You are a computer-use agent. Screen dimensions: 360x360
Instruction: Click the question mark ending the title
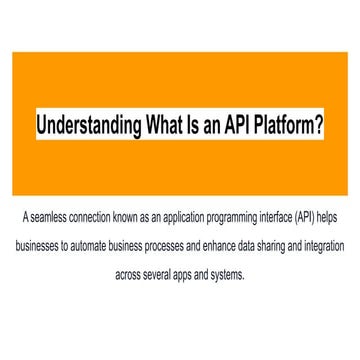319,127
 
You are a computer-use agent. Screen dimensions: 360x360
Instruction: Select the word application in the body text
174,217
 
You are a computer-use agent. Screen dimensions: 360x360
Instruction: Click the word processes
177,245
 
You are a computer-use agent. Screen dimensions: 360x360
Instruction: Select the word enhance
226,245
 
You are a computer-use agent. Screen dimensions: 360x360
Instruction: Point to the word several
163,273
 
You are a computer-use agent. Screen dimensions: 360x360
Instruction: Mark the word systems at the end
228,273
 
